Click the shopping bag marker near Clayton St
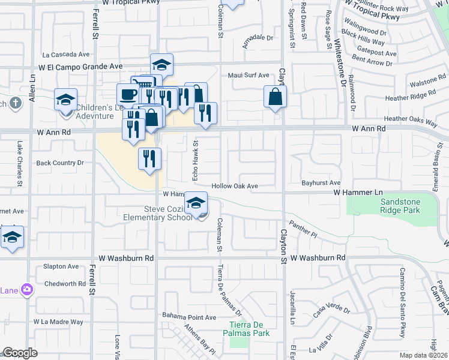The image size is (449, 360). coord(275,97)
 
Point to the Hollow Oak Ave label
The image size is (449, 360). coord(235,187)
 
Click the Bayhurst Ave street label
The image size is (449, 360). coord(321,182)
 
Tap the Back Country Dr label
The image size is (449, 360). coord(60,163)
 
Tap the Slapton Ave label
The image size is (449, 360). coord(61,266)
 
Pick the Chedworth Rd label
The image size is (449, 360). coord(65,284)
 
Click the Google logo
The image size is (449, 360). coord(20,353)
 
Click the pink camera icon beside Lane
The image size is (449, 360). coord(26,290)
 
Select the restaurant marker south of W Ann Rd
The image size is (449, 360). coord(149,158)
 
